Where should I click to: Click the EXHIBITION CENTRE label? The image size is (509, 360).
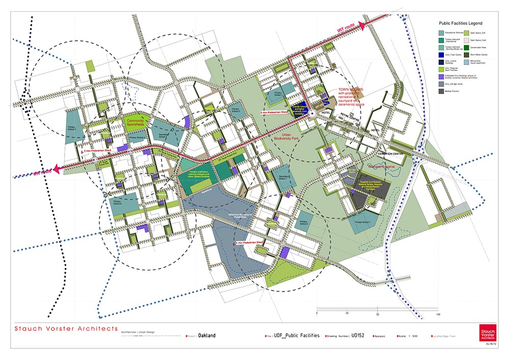[389, 153]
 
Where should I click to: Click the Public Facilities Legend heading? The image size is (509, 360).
[461, 23]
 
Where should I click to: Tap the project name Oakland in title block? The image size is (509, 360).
[207, 336]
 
